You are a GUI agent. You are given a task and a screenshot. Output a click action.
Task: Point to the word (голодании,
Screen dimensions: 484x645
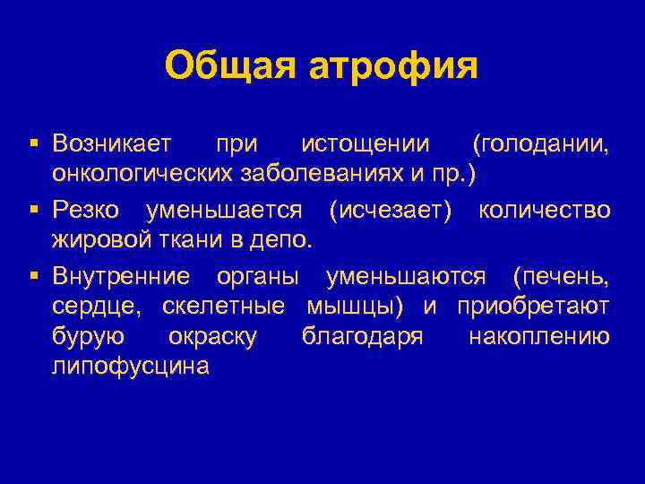541,143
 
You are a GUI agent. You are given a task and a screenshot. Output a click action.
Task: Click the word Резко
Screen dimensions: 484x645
87,212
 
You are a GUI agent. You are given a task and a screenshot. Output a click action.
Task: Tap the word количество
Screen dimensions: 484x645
545,212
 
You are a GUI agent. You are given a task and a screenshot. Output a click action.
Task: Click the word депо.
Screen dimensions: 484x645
287,238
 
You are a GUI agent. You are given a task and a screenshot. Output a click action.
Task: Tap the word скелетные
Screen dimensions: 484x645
223,307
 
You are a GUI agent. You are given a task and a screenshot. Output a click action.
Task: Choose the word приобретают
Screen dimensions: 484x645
533,307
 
